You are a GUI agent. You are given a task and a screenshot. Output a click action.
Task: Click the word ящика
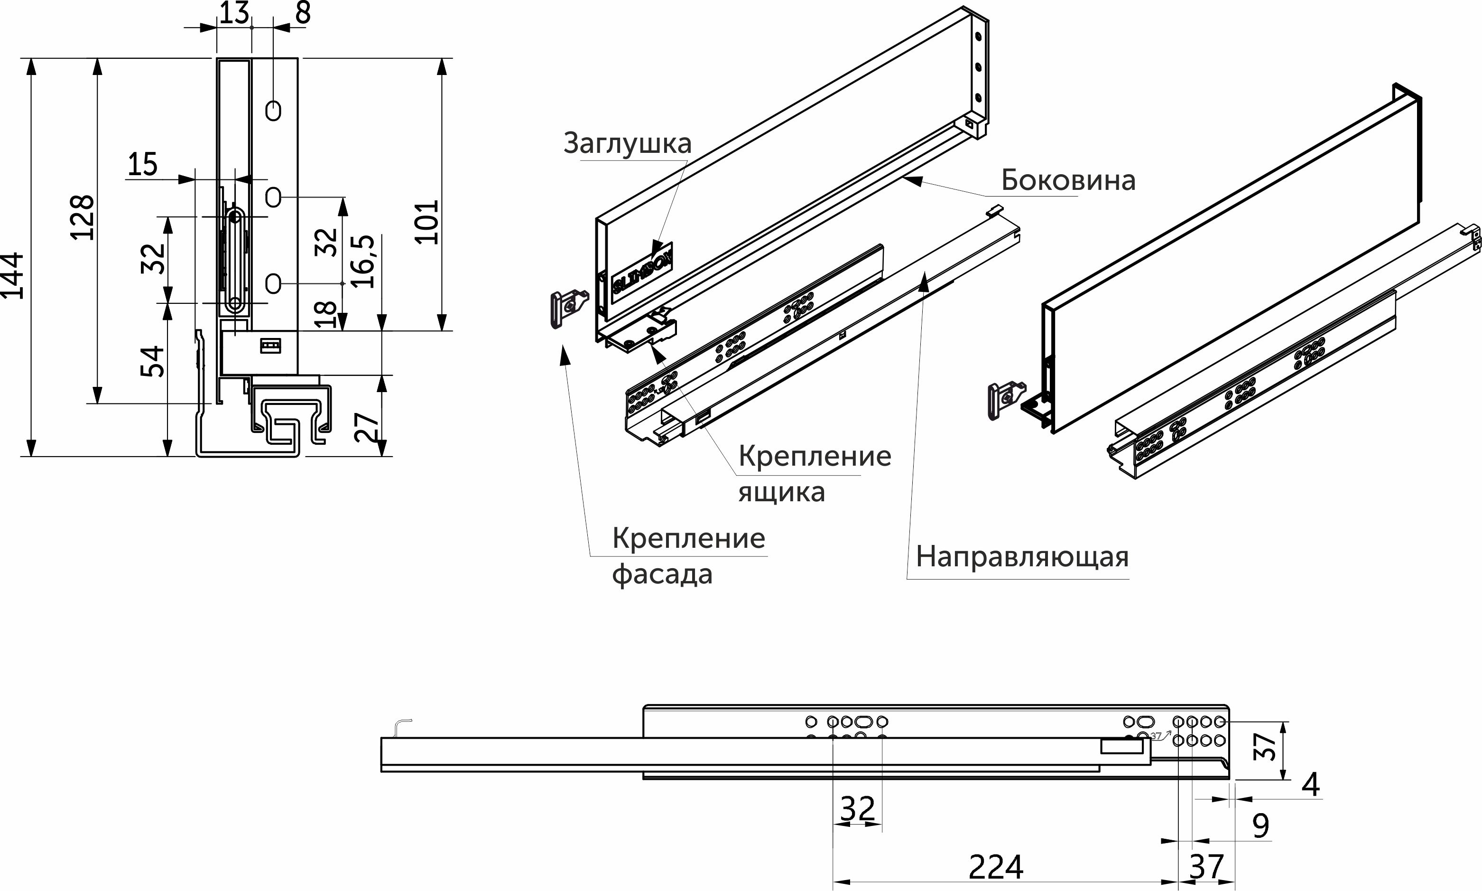pos(781,492)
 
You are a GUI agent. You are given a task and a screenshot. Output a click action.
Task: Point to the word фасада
pos(662,574)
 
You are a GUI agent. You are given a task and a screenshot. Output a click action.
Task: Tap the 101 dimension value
pos(427,222)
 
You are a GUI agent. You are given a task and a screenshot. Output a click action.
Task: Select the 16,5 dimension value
pos(363,262)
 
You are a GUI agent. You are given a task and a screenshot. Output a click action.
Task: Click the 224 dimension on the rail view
pos(996,866)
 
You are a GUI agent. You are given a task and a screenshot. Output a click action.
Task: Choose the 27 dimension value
pos(366,427)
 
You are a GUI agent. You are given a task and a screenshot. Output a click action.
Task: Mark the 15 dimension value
pos(143,164)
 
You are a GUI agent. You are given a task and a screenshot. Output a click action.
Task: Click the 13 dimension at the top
pos(233,13)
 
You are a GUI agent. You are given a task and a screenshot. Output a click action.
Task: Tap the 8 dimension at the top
pos(303,13)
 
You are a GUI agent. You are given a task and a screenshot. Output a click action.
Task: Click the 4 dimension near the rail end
pos(1311,785)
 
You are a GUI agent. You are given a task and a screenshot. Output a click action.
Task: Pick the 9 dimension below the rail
pos(1260,826)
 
